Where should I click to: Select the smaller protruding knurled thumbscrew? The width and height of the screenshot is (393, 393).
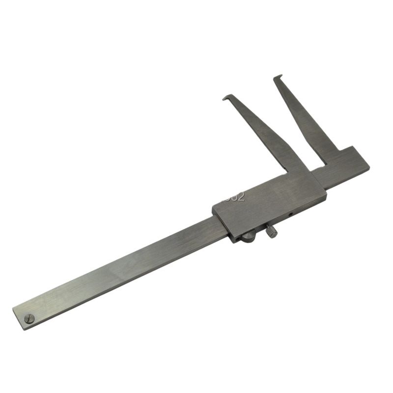tap(272, 231)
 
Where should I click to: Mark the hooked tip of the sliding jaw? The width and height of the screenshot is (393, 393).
tap(226, 98)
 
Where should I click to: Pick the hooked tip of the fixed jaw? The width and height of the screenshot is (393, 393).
tap(279, 77)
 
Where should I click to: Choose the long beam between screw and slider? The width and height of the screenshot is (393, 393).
tap(123, 268)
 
